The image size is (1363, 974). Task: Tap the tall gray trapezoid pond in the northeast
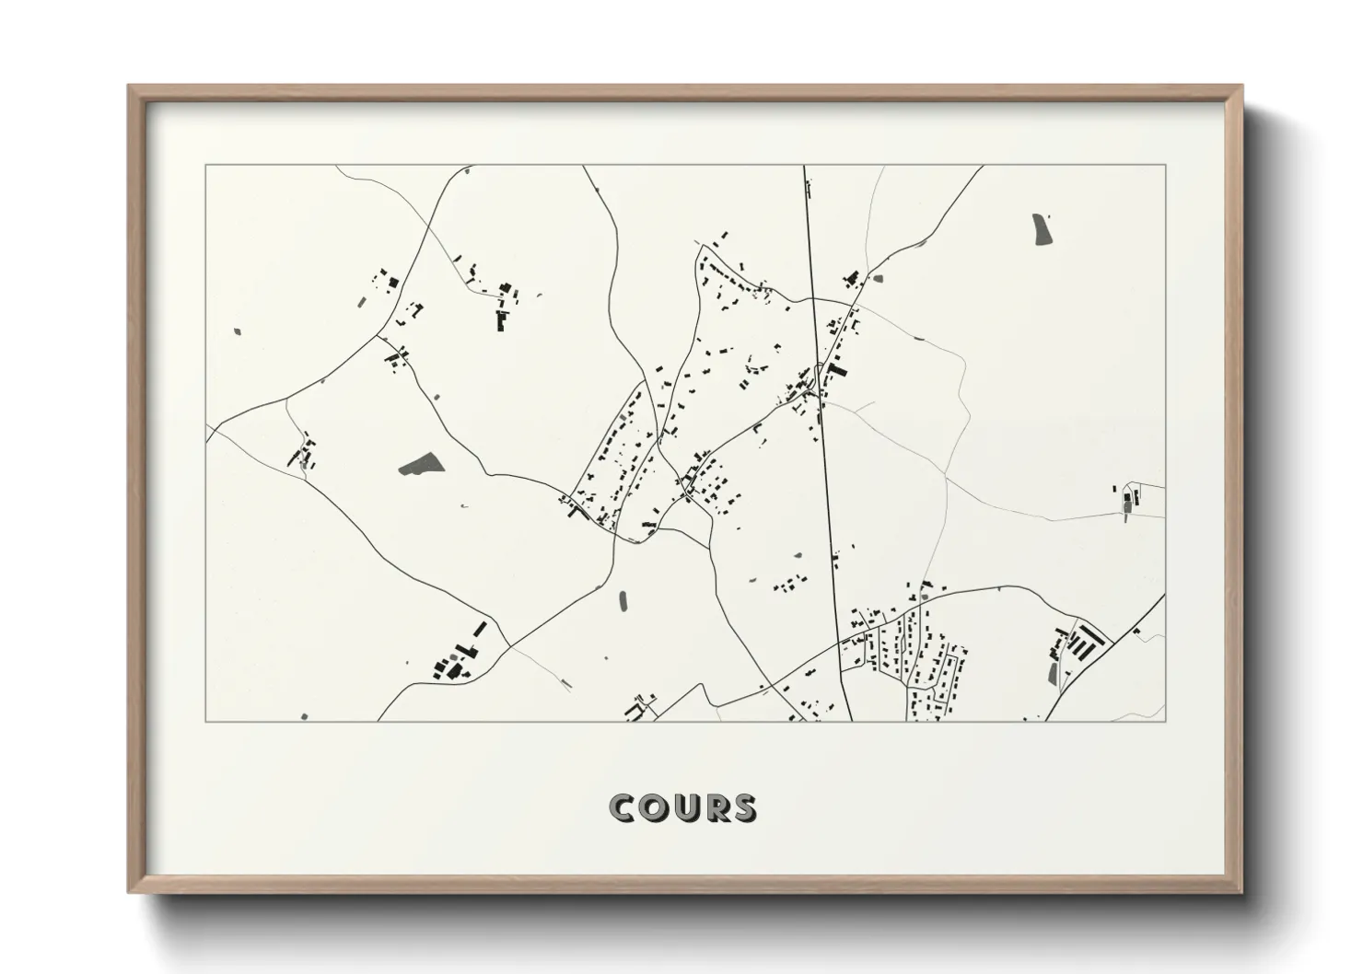coord(1042,229)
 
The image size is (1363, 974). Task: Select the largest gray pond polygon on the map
coord(421,466)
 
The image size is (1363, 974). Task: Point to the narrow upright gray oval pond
coord(623,600)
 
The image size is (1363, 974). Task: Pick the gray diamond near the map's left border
coord(238,330)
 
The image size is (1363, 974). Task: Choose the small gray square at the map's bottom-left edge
coord(304,715)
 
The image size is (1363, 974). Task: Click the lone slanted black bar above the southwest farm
coord(478,630)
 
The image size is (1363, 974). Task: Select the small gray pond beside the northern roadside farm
coord(877,278)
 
